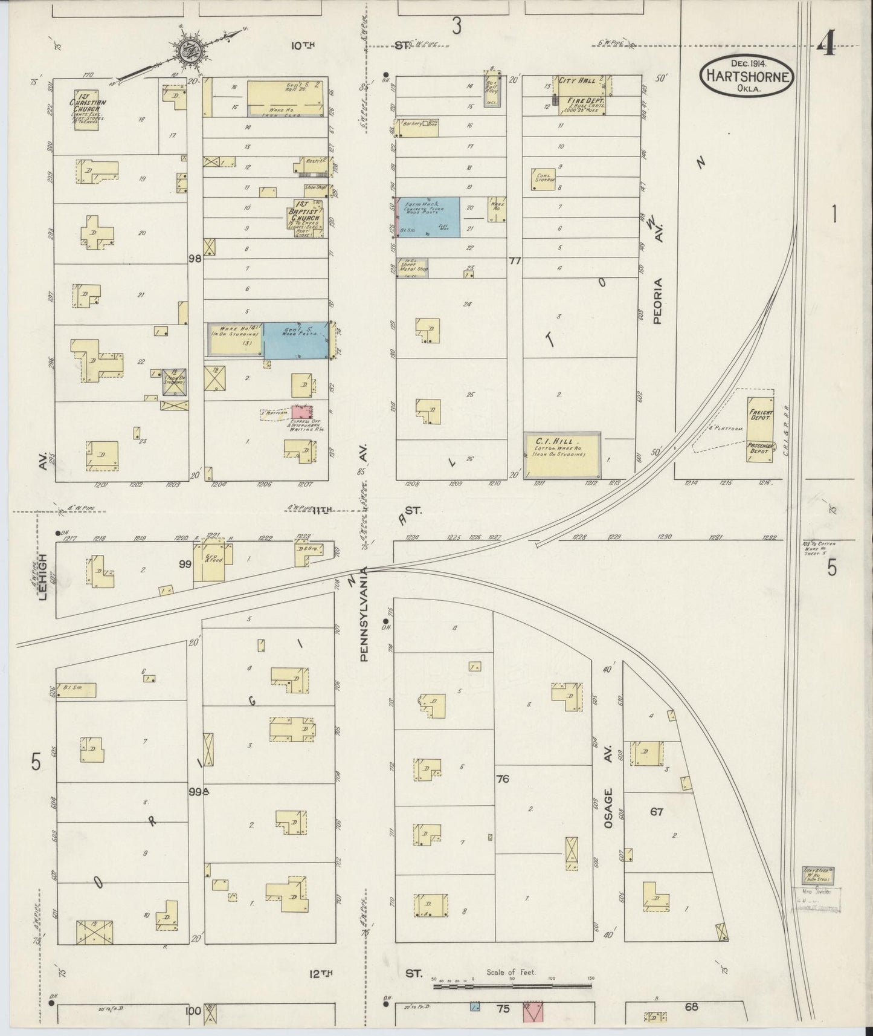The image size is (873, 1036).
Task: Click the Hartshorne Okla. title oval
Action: [747, 75]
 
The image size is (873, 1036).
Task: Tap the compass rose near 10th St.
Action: [193, 50]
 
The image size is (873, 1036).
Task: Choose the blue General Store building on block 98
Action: [297, 340]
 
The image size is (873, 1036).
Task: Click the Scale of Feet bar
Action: [512, 986]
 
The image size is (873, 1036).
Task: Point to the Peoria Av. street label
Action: [658, 300]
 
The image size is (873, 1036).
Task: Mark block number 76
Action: [502, 779]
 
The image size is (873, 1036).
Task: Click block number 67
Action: [656, 811]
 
